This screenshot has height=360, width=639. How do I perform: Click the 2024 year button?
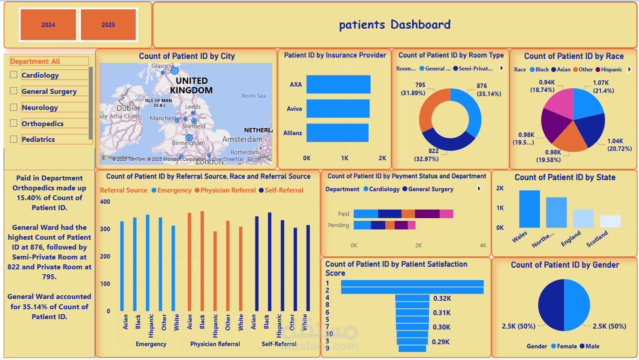coord(48,25)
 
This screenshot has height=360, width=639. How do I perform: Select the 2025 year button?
coord(108,25)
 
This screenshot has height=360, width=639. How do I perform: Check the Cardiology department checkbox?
coord(13,75)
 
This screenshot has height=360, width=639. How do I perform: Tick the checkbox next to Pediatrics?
coord(13,139)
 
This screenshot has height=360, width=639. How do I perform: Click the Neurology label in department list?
coord(40,108)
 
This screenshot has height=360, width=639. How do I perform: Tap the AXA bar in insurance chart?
coord(338,84)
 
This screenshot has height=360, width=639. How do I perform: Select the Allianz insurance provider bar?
coord(337,133)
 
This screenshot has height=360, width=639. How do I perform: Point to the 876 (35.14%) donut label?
coord(488,90)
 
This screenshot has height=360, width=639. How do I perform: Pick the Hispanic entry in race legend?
coord(612,70)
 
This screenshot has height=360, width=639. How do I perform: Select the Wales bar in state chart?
coord(529,209)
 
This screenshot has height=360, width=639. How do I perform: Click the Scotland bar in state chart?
coord(610,221)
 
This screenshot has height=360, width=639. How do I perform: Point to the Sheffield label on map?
coord(194,127)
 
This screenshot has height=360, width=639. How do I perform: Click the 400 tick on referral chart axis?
coord(105,202)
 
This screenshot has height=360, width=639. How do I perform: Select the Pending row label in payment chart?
coord(339,225)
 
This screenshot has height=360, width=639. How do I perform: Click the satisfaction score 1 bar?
coord(412,283)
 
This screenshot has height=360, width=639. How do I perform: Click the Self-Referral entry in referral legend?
coord(284,190)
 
